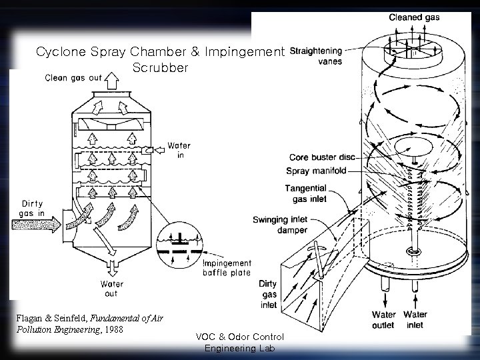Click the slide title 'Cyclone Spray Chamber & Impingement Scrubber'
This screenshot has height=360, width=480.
(160, 59)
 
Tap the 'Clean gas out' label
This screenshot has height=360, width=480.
(74, 78)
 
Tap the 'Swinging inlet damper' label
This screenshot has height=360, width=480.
(279, 225)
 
